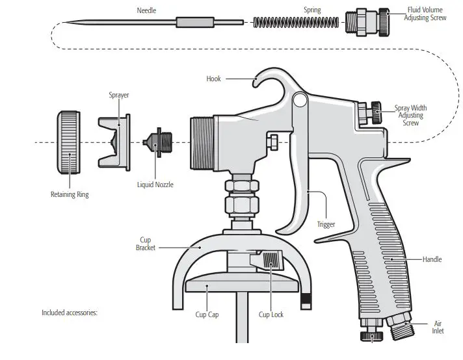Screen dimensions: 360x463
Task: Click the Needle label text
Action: click(146, 10)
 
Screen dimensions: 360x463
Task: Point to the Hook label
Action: click(213, 79)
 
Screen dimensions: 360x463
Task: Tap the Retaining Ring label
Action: click(70, 194)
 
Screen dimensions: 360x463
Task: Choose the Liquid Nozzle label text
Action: click(155, 185)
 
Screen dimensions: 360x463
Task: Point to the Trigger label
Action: click(326, 225)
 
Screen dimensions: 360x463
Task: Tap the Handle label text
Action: click(432, 259)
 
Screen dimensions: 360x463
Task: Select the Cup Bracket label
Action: click(146, 244)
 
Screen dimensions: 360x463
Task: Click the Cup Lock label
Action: click(271, 315)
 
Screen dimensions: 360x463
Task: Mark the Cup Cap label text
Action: click(206, 315)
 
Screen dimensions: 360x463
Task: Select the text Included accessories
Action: click(70, 313)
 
